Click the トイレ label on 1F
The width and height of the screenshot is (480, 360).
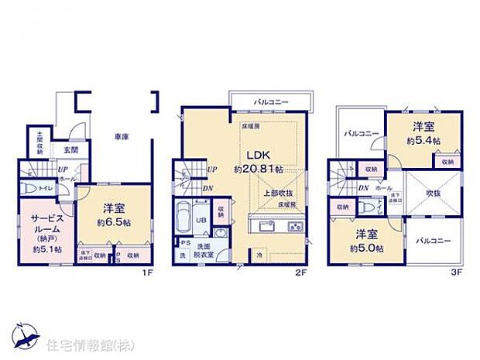coord(46,187)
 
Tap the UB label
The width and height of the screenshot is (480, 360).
coord(199,220)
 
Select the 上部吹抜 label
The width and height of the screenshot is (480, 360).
coord(273,194)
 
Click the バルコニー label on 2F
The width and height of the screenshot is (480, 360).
coord(269,101)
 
